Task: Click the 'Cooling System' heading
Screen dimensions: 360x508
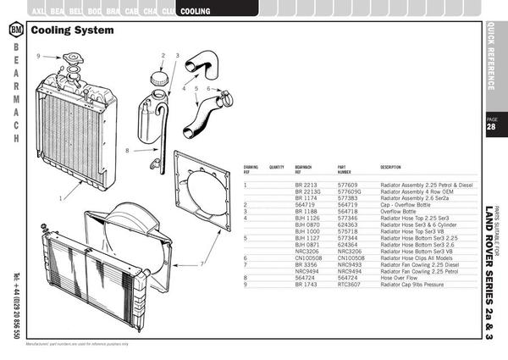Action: (x=71, y=30)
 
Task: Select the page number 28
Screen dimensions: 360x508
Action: (x=492, y=128)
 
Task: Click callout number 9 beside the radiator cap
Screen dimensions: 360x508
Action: (x=38, y=55)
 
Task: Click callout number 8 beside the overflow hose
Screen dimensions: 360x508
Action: (x=126, y=151)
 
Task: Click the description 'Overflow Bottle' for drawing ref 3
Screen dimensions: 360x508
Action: (x=401, y=211)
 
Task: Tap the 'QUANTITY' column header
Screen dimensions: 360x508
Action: (x=277, y=167)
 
